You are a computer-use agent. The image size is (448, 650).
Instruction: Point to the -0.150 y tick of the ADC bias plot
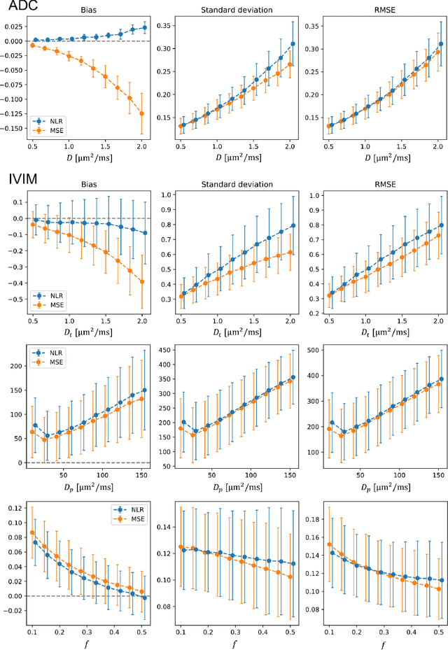13,129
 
